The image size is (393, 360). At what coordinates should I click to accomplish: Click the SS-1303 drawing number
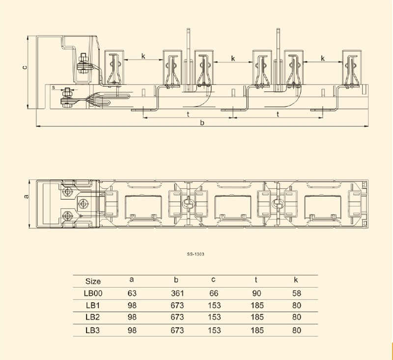coord(196,254)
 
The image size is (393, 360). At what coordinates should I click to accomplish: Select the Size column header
coord(93,281)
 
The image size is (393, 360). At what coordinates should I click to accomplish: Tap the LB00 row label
coord(93,293)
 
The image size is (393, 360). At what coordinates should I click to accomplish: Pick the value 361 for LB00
coord(177,293)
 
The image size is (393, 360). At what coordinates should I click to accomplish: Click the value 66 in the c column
coord(214,293)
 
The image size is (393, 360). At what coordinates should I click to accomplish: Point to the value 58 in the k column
coord(296,293)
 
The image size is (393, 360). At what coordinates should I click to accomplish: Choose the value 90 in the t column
coord(256,293)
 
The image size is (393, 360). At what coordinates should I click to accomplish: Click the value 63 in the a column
coord(132,293)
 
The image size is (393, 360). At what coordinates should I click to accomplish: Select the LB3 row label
coord(93,330)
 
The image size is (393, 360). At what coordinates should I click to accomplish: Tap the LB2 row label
coord(93,318)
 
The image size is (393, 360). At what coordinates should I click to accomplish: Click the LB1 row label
coord(93,305)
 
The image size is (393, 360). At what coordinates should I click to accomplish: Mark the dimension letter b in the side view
coord(202,122)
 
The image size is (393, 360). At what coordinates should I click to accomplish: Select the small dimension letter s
coord(53,87)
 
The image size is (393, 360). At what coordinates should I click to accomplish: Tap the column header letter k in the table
coord(296,280)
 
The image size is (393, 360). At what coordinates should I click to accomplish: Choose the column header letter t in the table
coord(256,280)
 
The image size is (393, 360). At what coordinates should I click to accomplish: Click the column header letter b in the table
coord(176,280)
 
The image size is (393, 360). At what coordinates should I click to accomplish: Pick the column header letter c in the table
coord(214,280)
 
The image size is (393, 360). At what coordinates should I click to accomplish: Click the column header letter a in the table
coord(132,280)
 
